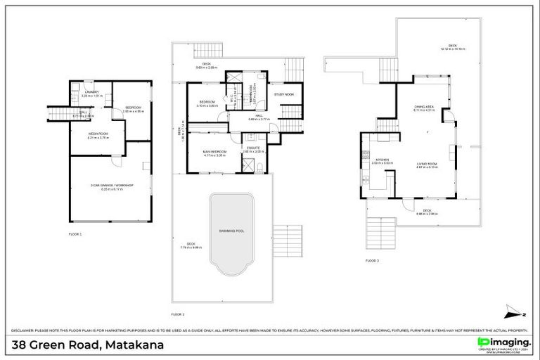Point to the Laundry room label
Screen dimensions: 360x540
[91, 92]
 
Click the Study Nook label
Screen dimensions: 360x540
[284, 94]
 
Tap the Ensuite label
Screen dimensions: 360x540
[253, 147]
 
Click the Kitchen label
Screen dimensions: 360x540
[382, 160]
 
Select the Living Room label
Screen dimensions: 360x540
[427, 163]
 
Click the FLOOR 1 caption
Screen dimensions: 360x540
[75, 233]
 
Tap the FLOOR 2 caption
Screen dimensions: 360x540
[178, 314]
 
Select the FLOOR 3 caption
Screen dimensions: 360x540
[372, 260]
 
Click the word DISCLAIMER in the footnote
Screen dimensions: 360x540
[23, 330]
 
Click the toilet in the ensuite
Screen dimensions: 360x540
[260, 166]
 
